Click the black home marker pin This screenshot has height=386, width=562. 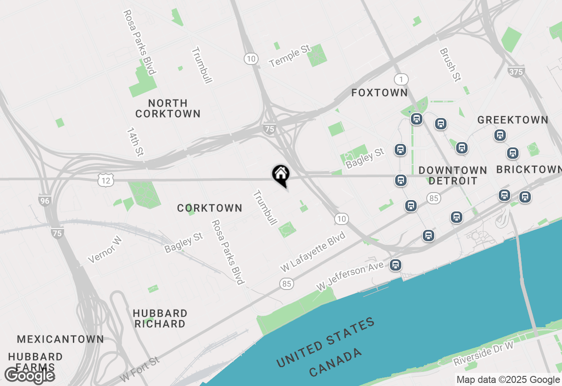tap(281, 175)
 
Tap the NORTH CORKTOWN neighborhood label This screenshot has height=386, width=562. tap(168, 108)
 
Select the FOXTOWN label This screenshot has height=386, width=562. tap(380, 93)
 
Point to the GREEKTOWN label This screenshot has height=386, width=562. tap(513, 120)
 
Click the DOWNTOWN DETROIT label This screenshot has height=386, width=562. tap(452, 175)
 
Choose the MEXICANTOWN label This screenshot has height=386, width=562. tap(61, 339)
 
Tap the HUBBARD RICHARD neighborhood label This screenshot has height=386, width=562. tap(160, 319)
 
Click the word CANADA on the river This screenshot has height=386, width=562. tap(336, 362)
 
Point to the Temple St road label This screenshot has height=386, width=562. tap(290, 57)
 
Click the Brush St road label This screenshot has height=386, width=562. tap(451, 65)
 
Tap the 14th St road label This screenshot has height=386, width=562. tap(135, 142)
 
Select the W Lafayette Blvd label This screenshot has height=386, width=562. tap(313, 251)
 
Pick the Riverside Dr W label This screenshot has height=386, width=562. tap(483, 354)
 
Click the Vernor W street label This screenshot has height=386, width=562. tap(104, 250)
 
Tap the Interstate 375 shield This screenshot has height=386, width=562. tap(515, 71)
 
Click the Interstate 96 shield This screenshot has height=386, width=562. tap(45, 200)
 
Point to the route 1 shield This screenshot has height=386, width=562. tap(401, 79)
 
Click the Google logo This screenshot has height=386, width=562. tap(29, 375)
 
